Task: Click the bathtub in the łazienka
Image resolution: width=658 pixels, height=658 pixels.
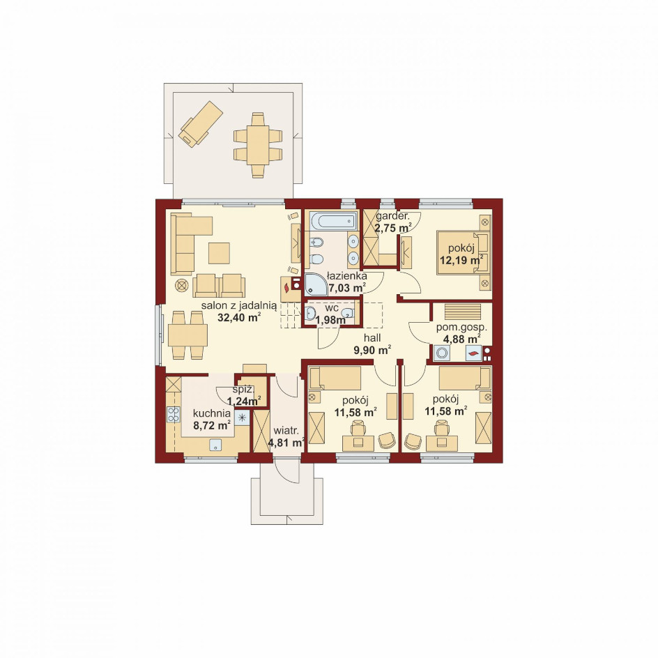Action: click(333, 221)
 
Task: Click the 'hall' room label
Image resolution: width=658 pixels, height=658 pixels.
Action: click(372, 338)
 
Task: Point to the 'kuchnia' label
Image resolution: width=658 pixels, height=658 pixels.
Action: click(211, 413)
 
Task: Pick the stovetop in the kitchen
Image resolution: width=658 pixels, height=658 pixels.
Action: click(174, 415)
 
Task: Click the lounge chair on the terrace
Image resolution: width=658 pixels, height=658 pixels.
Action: click(201, 123)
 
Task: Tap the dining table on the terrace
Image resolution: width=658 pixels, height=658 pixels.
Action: click(258, 145)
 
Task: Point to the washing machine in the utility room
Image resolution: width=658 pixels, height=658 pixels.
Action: click(441, 353)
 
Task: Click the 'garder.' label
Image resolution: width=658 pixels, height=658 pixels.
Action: click(392, 217)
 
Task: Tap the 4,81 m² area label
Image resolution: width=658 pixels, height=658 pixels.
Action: click(286, 443)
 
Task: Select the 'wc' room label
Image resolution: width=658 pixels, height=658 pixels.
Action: click(332, 308)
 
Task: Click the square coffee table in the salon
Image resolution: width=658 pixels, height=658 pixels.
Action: click(219, 254)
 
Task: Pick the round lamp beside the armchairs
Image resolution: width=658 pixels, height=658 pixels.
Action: click(181, 285)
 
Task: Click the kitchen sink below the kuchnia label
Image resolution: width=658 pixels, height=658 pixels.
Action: click(215, 445)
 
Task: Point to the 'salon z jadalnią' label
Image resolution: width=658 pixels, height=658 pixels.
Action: click(239, 305)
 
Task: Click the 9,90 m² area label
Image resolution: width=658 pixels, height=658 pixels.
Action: click(373, 350)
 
